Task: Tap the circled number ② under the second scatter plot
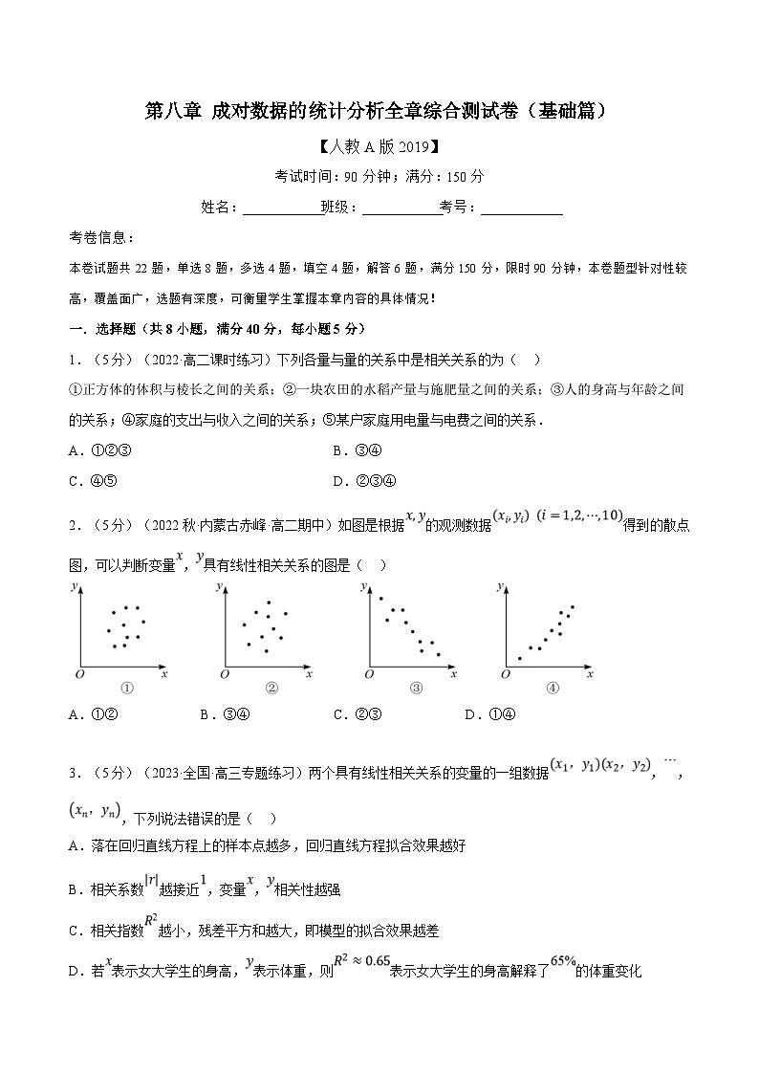271,688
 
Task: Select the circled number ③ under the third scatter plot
416,688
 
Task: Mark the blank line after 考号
521,207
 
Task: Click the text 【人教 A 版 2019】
379,147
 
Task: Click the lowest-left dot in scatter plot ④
519,658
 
